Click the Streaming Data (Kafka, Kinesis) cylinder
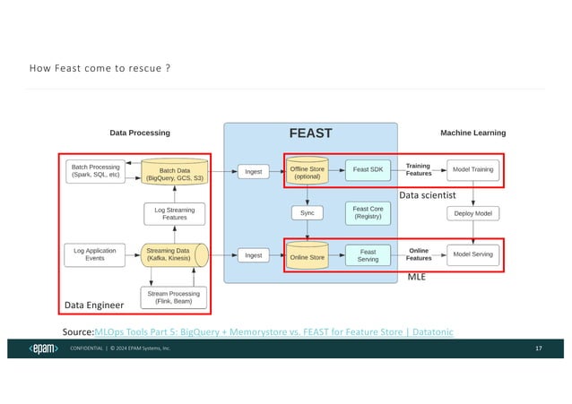tap(173, 254)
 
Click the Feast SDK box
tap(368, 169)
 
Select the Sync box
tap(306, 213)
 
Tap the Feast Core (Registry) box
tap(368, 213)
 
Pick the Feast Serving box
tap(368, 254)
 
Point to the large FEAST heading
tap(310, 133)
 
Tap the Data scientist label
tap(428, 194)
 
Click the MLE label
tap(417, 279)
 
